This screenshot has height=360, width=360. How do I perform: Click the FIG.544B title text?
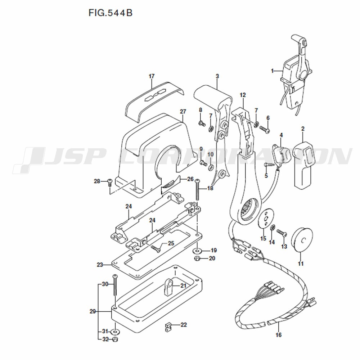[111, 13]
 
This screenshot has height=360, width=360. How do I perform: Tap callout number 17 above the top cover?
[152, 76]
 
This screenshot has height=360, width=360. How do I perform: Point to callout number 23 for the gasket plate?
[100, 265]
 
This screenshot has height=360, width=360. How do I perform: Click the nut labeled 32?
[115, 339]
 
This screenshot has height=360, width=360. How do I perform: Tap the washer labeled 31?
[115, 332]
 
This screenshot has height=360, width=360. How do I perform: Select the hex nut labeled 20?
[197, 259]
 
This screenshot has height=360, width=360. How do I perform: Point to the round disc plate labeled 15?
[266, 218]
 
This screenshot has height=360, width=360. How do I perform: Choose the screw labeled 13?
[282, 233]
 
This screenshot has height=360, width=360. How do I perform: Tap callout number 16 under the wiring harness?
[279, 335]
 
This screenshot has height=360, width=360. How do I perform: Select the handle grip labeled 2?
[303, 165]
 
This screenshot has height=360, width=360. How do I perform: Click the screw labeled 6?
[264, 129]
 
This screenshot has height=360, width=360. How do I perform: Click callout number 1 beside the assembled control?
[272, 71]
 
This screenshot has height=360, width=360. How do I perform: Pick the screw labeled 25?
[156, 249]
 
